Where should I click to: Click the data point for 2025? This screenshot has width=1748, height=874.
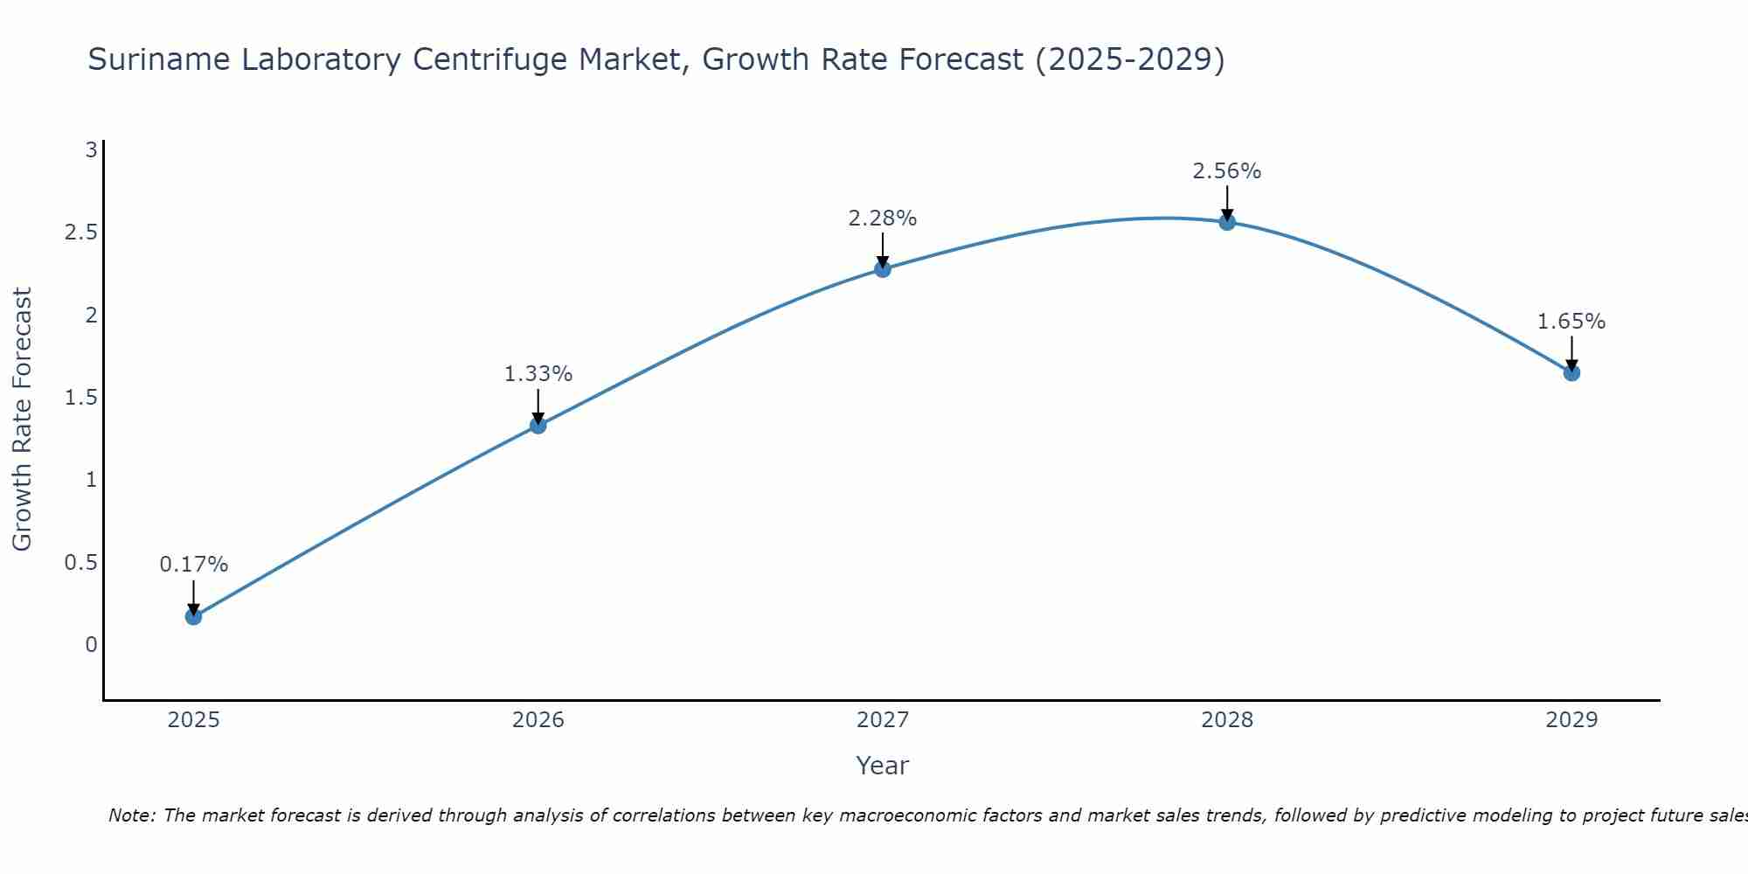coord(194,616)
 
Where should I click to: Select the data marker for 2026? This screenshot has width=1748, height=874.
coord(538,426)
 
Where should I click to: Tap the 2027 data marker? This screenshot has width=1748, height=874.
coord(883,269)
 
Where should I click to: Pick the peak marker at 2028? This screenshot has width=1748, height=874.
coord(1227,222)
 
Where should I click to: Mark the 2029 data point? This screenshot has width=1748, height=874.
coord(1571,373)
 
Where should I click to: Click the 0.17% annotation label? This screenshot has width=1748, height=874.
coord(194,565)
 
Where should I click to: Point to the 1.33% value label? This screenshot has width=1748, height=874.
coord(538,374)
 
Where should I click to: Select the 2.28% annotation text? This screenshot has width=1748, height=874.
coord(883,218)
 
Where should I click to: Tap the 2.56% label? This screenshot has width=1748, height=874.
coord(1227,171)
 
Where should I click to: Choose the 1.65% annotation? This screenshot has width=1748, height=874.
coord(1571,322)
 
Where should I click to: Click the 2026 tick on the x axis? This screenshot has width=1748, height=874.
coord(538,720)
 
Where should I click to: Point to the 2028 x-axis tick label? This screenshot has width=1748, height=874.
coord(1227,720)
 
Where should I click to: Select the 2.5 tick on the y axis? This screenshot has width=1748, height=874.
coord(80,232)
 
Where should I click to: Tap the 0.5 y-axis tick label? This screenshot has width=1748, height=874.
coord(80,563)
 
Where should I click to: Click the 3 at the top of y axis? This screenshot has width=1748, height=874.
coord(91,150)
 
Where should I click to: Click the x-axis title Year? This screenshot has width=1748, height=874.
coord(883,766)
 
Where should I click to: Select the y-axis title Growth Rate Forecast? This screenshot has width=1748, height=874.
coord(23,420)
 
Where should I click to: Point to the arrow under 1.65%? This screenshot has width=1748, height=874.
coord(1571,354)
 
